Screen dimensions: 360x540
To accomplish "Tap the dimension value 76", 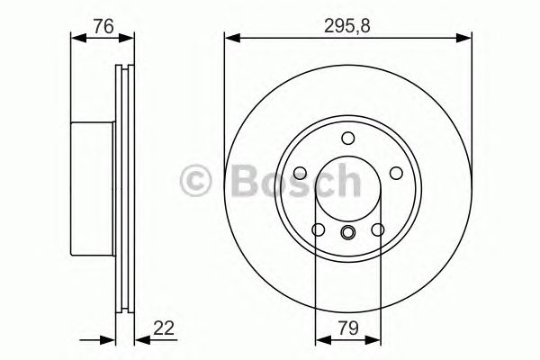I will [x=103, y=26].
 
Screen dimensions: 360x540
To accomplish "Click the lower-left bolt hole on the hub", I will [x=319, y=231].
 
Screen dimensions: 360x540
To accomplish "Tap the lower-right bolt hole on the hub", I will [x=377, y=231].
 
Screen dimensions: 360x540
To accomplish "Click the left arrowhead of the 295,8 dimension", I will [x=230, y=38].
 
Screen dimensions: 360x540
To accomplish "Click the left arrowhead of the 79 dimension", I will [x=319, y=339].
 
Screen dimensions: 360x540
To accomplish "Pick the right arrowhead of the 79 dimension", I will [x=376, y=339].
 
